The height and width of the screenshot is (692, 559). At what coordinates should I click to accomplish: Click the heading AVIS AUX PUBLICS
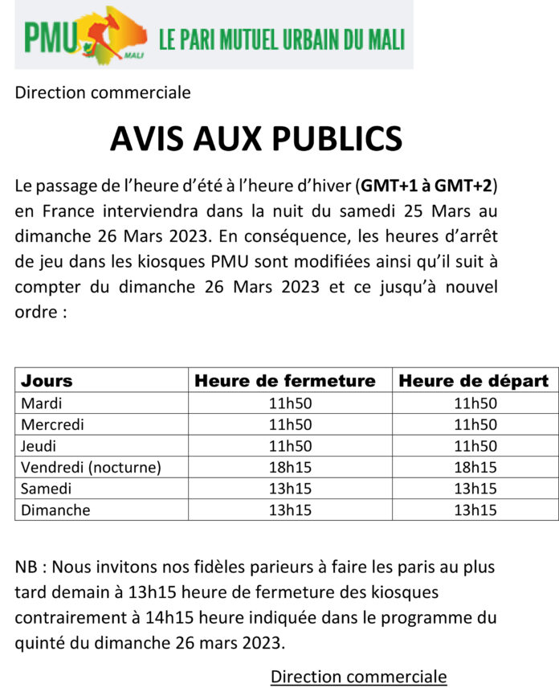pyautogui.click(x=255, y=139)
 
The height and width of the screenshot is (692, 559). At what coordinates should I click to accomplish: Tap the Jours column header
pyautogui.click(x=47, y=380)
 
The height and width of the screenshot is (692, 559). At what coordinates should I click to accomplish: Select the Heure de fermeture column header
pyautogui.click(x=285, y=380)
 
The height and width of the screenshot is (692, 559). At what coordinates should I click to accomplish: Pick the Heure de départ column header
pyautogui.click(x=473, y=380)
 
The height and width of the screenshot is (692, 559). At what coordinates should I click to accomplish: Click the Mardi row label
pyautogui.click(x=42, y=403)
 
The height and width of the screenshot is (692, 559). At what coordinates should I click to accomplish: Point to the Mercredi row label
pyautogui.click(x=52, y=424)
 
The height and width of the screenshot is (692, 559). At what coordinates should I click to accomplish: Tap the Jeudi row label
pyautogui.click(x=40, y=445)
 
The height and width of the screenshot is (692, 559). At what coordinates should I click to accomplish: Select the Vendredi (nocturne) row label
pyautogui.click(x=91, y=467)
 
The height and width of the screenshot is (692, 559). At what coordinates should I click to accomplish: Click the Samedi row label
pyautogui.click(x=46, y=488)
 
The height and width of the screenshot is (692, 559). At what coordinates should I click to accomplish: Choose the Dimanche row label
pyautogui.click(x=55, y=510)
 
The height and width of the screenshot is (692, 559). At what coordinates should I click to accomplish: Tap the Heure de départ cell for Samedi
pyautogui.click(x=475, y=488)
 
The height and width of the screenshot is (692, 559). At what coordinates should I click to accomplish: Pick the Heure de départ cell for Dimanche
pyautogui.click(x=475, y=510)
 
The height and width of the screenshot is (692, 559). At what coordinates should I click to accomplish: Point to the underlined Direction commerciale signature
pyautogui.click(x=358, y=676)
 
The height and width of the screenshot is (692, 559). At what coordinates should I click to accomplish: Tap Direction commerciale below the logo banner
pyautogui.click(x=103, y=92)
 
